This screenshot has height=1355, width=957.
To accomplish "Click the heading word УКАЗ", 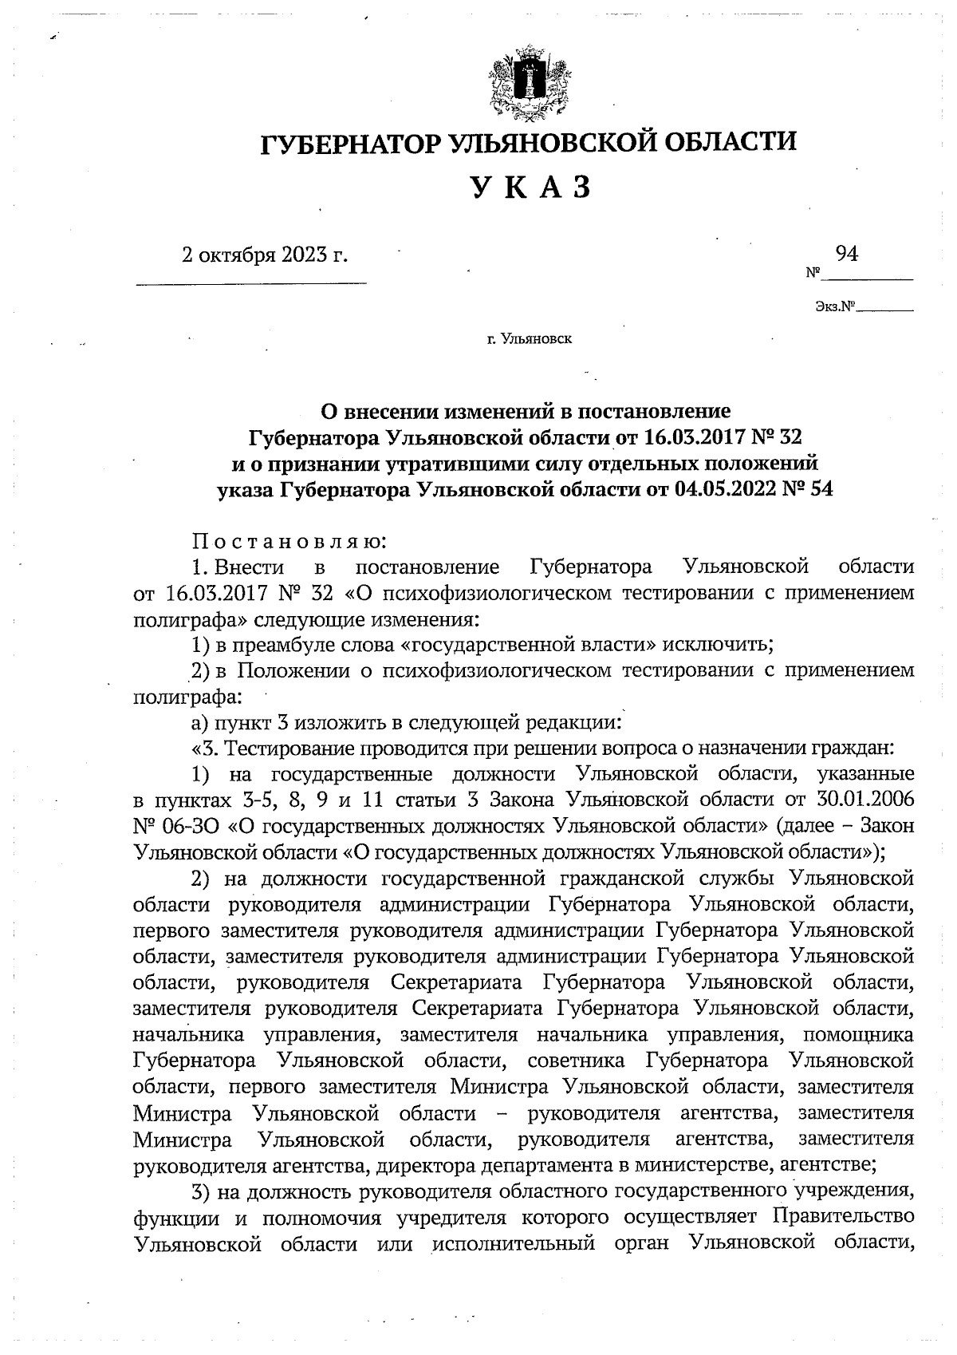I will [x=530, y=188].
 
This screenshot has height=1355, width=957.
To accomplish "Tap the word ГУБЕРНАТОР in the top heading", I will [x=352, y=144].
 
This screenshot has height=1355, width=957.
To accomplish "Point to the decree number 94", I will [x=847, y=254].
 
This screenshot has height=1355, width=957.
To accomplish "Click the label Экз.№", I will [x=834, y=306].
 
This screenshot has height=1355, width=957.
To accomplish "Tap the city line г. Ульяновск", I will [x=530, y=339].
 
